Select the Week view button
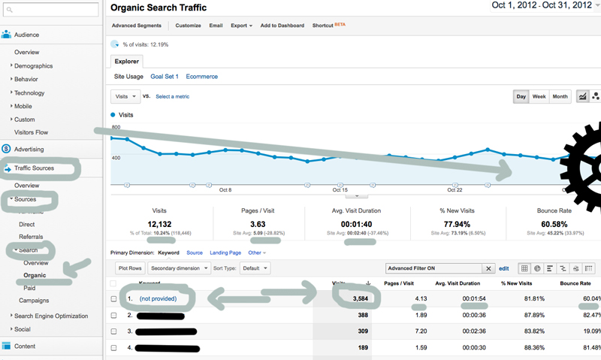(539, 97)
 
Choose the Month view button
(560, 97)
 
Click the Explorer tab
(127, 62)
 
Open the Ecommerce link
(201, 77)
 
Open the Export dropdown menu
(241, 26)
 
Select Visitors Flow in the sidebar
(32, 132)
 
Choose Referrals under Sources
(31, 237)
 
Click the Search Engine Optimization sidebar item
(50, 316)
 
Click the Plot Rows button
(129, 268)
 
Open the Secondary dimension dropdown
(179, 268)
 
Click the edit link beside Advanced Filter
(504, 268)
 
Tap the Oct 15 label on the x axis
(340, 190)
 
